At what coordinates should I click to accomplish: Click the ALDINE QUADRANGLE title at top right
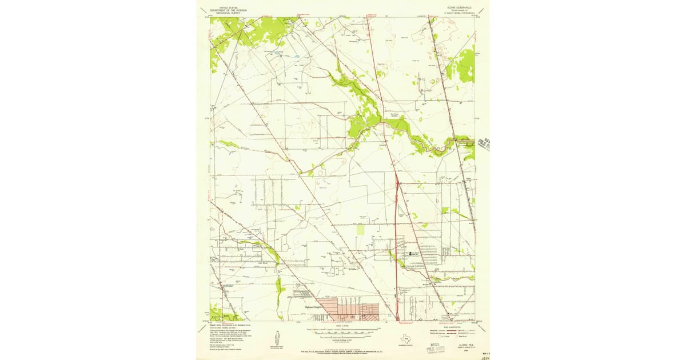tap(455, 7)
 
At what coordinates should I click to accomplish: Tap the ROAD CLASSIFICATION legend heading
tap(455, 327)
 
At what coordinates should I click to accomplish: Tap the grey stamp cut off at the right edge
tap(485, 144)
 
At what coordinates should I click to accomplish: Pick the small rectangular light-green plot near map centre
tap(360, 229)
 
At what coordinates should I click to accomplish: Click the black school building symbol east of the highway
tap(408, 253)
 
